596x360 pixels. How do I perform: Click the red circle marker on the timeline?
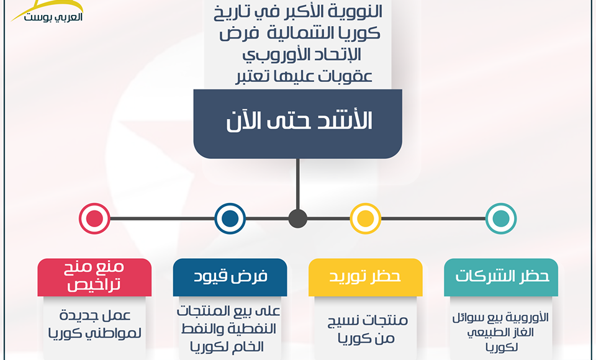(x=94, y=218)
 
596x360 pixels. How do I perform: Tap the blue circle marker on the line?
(x=230, y=218)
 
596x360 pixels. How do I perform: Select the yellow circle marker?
(x=365, y=218)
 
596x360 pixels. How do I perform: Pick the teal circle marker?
(x=501, y=218)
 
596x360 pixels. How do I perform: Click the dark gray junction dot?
(x=297, y=218)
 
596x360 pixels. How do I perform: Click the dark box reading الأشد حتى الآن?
(x=297, y=124)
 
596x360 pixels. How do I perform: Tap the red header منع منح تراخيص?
(x=94, y=277)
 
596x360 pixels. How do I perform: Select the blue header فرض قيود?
(x=230, y=277)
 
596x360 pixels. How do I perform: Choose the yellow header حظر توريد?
(x=365, y=277)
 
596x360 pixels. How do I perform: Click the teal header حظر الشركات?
(x=501, y=277)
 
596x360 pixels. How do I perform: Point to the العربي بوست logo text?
(x=53, y=17)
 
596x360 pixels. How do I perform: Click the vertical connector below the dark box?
(x=297, y=184)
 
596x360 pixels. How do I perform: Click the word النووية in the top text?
(x=351, y=12)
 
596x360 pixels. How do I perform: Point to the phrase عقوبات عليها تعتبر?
(x=304, y=76)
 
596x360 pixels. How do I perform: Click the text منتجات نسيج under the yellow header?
(x=368, y=320)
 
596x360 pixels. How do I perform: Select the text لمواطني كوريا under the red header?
(x=94, y=333)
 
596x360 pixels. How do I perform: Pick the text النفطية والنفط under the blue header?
(x=228, y=329)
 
